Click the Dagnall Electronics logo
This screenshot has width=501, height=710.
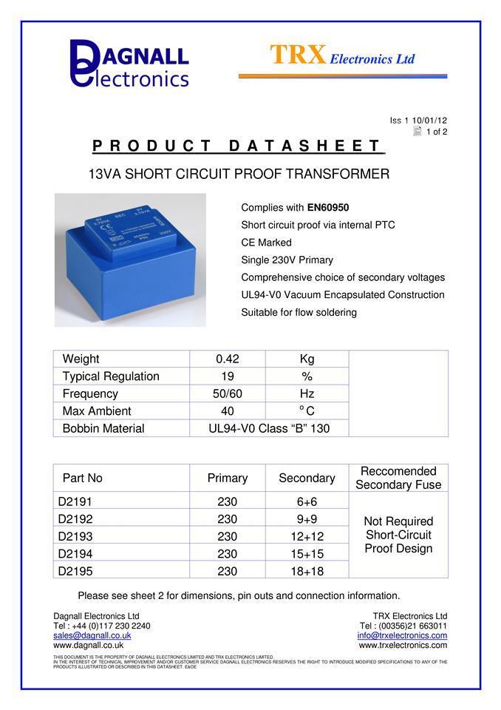(x=129, y=64)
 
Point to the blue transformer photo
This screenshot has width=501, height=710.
(x=130, y=260)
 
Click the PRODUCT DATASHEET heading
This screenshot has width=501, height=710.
(x=238, y=146)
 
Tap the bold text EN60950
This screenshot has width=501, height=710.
(x=327, y=208)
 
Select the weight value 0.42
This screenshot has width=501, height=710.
(x=228, y=359)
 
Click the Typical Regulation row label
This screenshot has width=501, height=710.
(x=111, y=376)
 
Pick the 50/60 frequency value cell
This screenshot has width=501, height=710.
(x=228, y=393)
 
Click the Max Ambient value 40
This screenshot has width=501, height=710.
(x=228, y=411)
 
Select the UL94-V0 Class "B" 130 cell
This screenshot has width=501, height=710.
(x=269, y=428)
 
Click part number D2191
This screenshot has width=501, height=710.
(x=75, y=502)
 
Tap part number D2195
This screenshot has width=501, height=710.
(x=75, y=571)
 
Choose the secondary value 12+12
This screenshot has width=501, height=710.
(x=307, y=536)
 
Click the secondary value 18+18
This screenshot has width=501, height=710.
(x=307, y=571)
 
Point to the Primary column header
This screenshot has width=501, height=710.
(x=228, y=478)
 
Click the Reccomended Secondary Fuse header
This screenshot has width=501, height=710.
(x=398, y=478)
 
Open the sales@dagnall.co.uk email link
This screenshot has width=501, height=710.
(x=92, y=635)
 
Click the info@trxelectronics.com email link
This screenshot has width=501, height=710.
(x=402, y=635)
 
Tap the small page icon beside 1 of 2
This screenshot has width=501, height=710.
(x=417, y=132)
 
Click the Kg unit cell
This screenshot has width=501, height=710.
(x=307, y=359)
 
